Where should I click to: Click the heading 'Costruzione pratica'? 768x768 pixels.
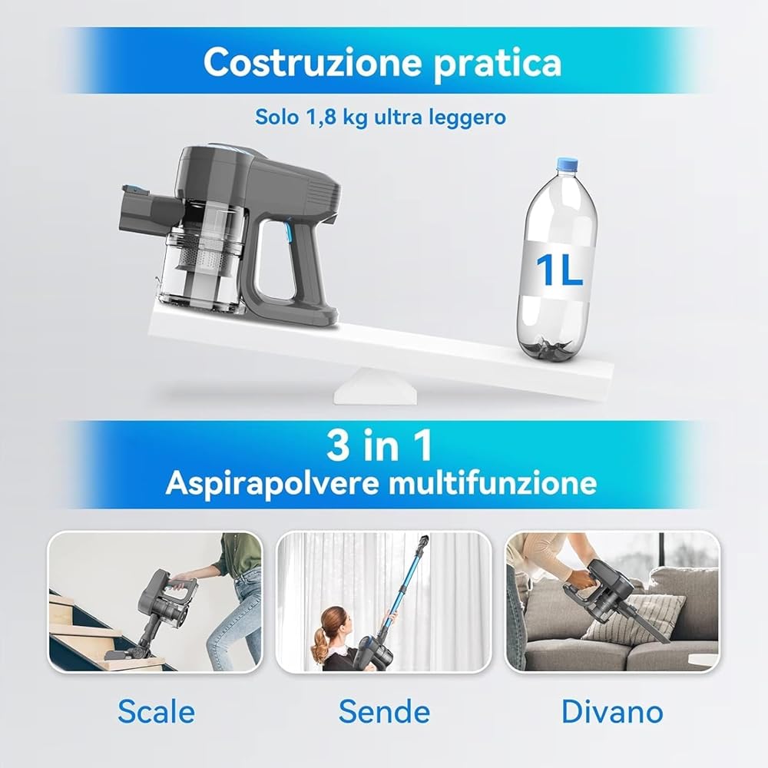click(382, 63)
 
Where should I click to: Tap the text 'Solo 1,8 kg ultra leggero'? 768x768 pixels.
click(381, 118)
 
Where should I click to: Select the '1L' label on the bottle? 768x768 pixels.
click(559, 271)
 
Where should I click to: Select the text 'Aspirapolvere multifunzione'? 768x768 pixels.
click(381, 483)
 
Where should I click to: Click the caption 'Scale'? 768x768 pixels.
click(156, 711)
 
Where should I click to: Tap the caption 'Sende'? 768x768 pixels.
click(384, 711)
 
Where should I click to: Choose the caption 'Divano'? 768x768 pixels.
click(612, 711)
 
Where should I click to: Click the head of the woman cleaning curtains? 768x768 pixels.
click(330, 620)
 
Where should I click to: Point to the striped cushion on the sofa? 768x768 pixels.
click(634, 619)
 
